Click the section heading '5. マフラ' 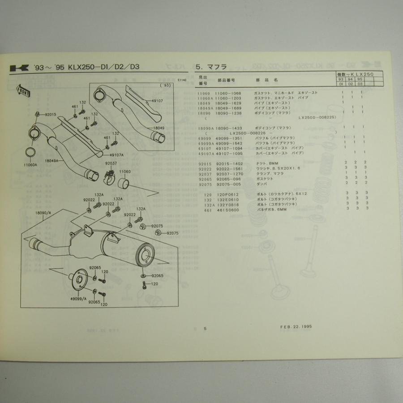point(211,67)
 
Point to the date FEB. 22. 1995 point(293,326)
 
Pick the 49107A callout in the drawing point(116,155)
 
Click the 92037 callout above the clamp point(111,163)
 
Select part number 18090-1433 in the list point(228,128)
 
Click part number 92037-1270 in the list point(228,173)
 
